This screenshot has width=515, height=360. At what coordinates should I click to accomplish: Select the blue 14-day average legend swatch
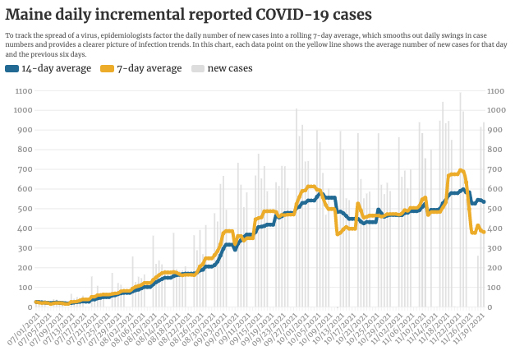coord(11,69)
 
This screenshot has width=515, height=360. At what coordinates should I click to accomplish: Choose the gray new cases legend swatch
coord(198,69)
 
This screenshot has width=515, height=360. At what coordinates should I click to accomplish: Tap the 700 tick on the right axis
coord(495,169)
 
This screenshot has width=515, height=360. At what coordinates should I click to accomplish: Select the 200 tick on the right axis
coord(495,268)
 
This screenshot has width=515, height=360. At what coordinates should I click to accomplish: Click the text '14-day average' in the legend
coord(56,69)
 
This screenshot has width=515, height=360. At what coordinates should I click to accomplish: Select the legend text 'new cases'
coord(229,69)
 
